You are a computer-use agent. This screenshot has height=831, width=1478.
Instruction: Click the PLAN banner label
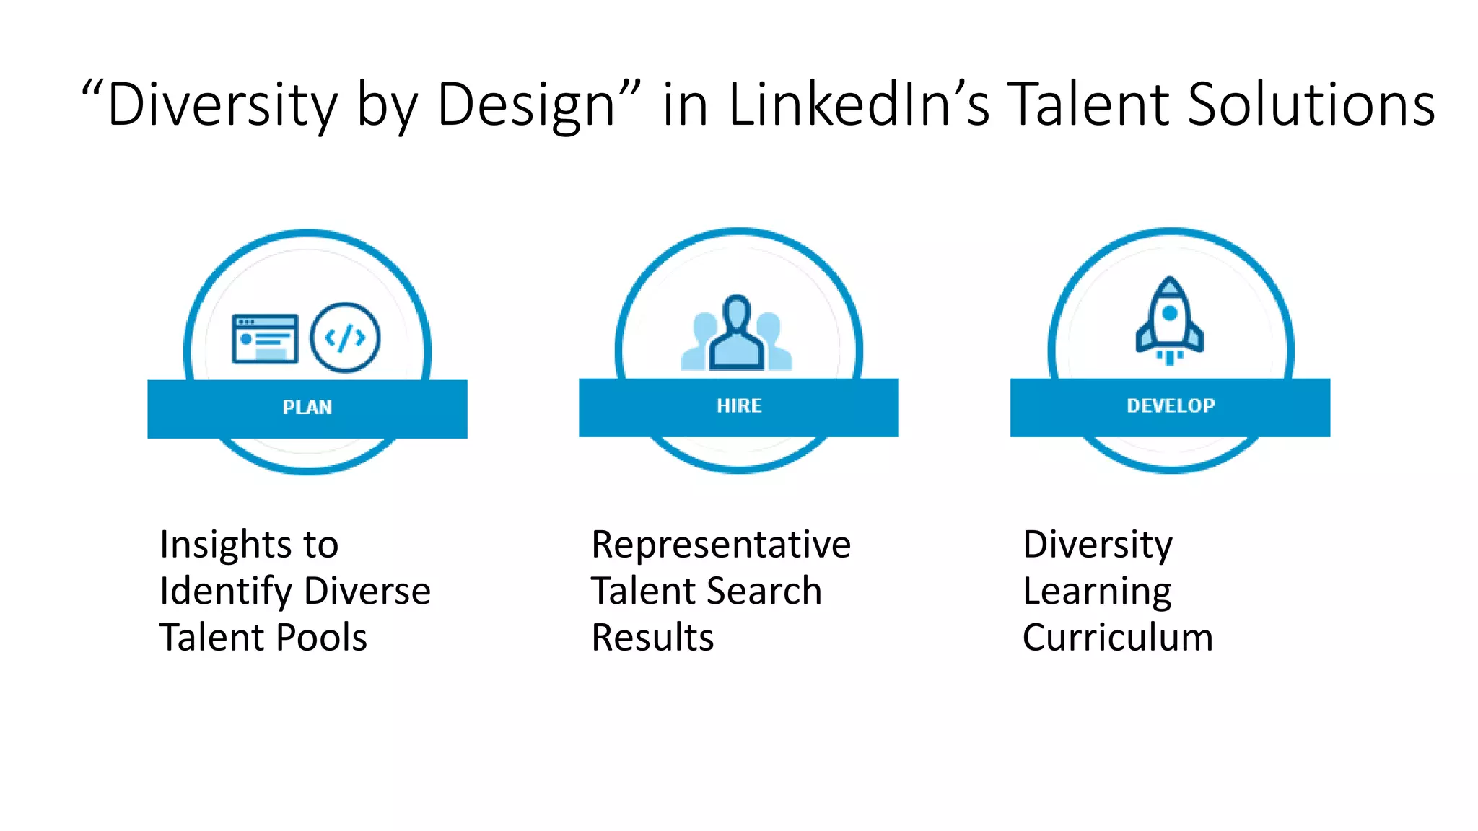click(307, 408)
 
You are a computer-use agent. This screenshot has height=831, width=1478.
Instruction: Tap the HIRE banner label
click(739, 406)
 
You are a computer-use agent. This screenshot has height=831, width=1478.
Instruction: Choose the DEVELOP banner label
click(1171, 406)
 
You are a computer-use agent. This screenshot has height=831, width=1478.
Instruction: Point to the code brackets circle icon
click(345, 337)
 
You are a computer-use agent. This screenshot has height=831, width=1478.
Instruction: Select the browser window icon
click(265, 338)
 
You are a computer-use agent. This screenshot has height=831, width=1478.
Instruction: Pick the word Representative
click(721, 545)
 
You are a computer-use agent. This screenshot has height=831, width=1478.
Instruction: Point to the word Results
click(652, 638)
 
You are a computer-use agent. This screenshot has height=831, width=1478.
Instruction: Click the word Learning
click(1097, 592)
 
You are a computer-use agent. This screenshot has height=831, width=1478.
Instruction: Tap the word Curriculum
click(1118, 638)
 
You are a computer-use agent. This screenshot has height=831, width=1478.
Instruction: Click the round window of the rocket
click(1170, 313)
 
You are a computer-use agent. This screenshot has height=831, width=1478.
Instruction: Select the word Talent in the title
click(1088, 105)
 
